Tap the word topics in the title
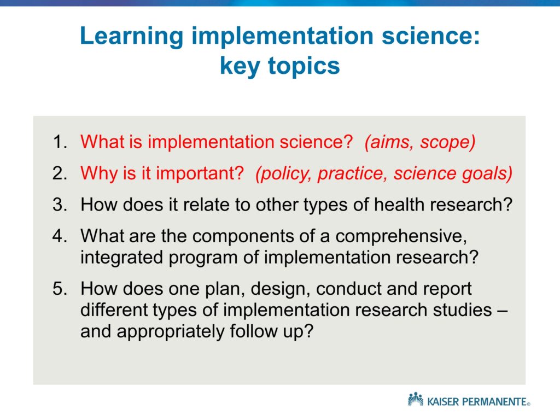[x=304, y=67]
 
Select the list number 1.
[x=60, y=142]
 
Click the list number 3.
[x=60, y=205]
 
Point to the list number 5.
[x=60, y=288]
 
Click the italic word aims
[x=389, y=142]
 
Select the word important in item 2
[x=200, y=174]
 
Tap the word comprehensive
[x=401, y=237]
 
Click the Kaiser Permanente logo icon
[x=416, y=399]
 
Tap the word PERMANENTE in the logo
[x=494, y=402]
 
